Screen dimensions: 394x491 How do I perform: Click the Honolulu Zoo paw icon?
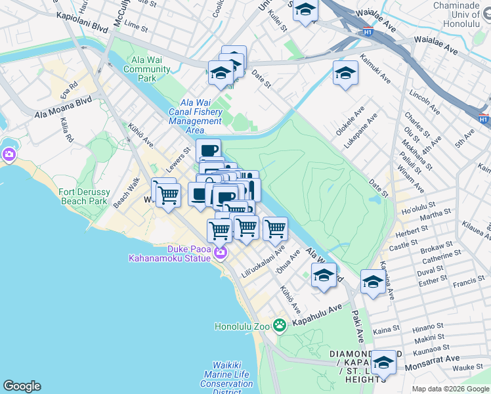click(280, 325)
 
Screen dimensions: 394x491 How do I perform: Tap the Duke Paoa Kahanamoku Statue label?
click(169, 253)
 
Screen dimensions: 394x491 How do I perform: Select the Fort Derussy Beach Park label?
click(83, 196)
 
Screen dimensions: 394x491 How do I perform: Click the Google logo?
click(22, 386)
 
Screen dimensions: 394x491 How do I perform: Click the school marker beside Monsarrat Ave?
click(383, 362)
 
